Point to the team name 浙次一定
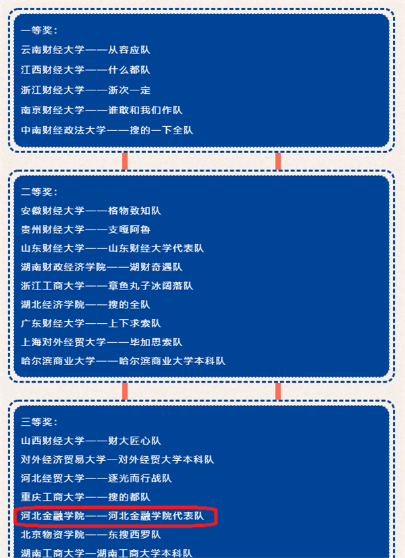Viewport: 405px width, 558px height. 129,90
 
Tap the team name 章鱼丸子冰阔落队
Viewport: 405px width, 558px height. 151,286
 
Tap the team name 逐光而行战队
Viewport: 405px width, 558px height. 140,478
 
